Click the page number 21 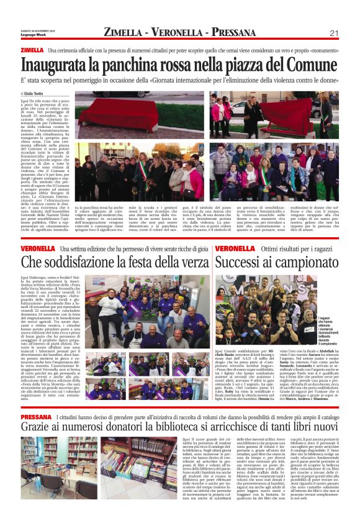click(334, 33)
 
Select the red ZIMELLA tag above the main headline click(32, 50)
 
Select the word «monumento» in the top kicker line click(320, 50)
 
